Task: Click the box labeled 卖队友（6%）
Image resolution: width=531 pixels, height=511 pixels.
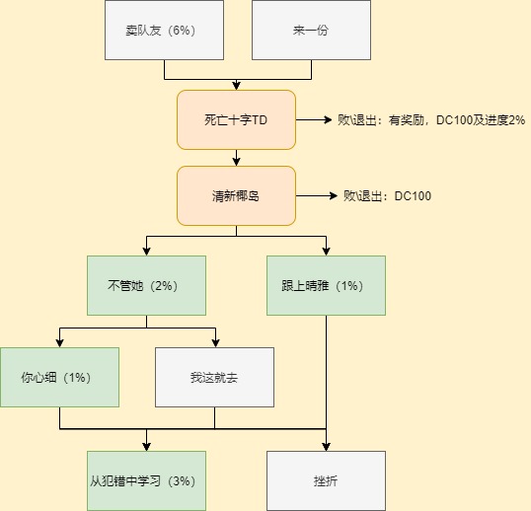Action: coord(164,31)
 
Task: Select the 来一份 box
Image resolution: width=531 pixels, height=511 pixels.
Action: coord(311,31)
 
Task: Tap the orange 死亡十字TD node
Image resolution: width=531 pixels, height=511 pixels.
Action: coord(236,119)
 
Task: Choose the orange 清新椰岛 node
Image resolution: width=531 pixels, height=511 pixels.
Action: coord(236,196)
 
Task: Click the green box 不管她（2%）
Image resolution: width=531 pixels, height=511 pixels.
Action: coord(147,286)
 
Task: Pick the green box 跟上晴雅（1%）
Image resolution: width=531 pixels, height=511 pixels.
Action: coord(326,286)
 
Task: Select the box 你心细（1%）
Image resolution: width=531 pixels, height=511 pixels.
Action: coord(59,377)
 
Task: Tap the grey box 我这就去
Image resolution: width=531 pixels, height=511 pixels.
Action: coord(215,377)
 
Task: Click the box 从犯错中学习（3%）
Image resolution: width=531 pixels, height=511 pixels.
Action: coord(147,480)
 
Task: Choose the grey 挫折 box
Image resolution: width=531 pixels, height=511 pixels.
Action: coord(326,480)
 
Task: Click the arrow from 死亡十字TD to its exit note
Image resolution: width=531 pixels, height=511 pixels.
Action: coord(314,119)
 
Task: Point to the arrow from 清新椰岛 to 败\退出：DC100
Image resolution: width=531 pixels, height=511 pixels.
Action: coord(317,196)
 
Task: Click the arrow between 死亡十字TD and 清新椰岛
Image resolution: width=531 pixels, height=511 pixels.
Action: coord(236,158)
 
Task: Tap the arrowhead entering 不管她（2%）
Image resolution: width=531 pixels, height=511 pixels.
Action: coord(147,252)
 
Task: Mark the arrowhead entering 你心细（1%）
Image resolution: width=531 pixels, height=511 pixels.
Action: coord(59,343)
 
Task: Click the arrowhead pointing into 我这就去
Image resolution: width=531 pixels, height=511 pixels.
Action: coord(215,343)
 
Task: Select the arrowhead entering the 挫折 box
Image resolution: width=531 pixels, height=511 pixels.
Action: coord(326,447)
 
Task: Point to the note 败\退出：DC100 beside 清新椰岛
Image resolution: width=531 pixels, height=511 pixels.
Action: coord(388,196)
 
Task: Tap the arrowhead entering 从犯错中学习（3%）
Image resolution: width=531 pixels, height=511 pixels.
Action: coord(147,447)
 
